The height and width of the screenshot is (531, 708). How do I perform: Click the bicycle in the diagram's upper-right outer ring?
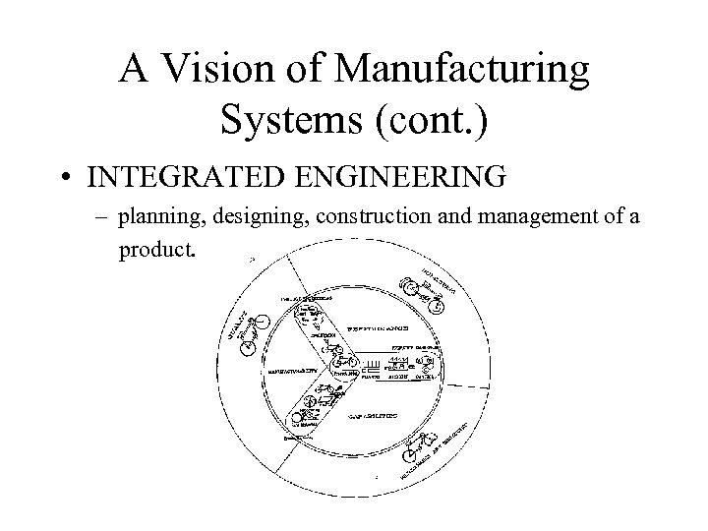(417, 289)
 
